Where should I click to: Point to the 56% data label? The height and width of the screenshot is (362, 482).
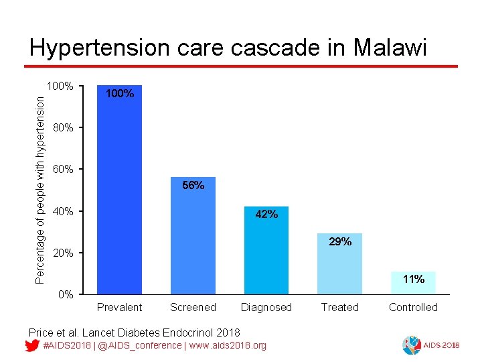click(193, 185)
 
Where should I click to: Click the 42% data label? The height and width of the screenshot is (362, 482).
click(266, 215)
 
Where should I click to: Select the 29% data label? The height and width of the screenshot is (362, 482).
click(339, 241)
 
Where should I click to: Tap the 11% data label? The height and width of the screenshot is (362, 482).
click(413, 279)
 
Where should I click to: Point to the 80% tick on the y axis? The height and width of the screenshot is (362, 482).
click(63, 127)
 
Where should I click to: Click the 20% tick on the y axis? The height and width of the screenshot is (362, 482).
click(63, 253)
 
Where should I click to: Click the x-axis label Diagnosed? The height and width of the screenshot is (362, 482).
click(266, 308)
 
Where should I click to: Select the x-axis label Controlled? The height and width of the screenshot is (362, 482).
click(413, 308)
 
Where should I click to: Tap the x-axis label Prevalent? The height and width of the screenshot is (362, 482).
click(119, 308)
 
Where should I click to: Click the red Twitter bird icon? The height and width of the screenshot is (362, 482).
click(31, 346)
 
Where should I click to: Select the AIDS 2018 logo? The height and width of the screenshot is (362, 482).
click(428, 345)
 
